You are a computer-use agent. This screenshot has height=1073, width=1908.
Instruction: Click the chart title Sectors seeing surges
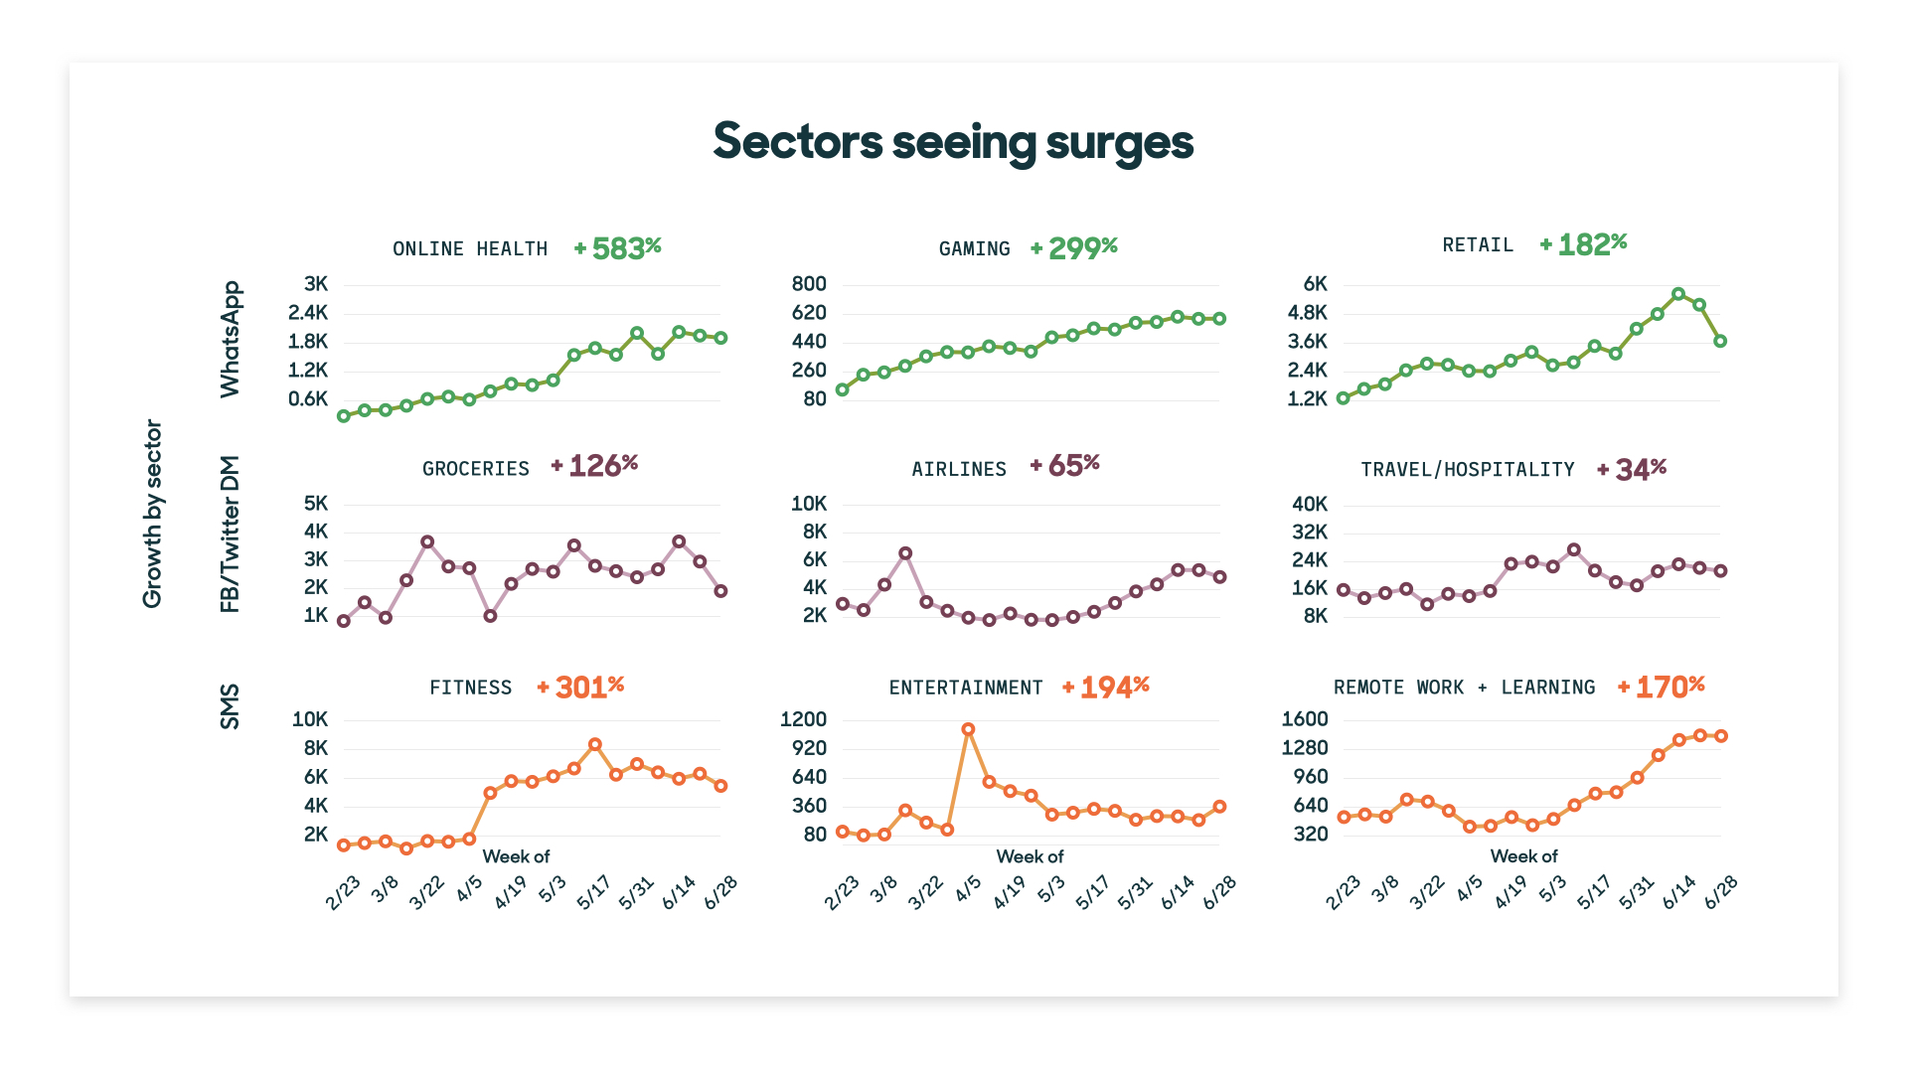(x=953, y=141)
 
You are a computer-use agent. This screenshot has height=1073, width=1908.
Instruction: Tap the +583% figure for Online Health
(x=618, y=247)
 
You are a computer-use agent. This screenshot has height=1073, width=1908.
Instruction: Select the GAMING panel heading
(x=974, y=248)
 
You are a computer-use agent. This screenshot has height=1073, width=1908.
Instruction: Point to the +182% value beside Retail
(x=1584, y=244)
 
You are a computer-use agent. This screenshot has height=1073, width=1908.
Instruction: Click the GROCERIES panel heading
(x=475, y=468)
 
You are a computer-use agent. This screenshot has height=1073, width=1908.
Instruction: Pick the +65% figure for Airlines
(x=1065, y=466)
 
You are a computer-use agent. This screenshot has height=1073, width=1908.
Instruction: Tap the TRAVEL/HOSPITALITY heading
(x=1467, y=469)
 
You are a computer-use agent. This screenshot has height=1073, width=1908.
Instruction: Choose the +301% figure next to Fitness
(x=581, y=687)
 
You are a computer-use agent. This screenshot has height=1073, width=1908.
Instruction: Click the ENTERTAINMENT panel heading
(x=966, y=688)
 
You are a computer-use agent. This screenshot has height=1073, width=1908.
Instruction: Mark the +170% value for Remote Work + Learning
(x=1662, y=687)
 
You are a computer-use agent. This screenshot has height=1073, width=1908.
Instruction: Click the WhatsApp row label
(x=230, y=340)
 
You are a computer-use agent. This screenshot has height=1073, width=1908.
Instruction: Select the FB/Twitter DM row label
(x=230, y=534)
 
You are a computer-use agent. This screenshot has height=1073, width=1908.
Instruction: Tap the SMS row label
(x=230, y=706)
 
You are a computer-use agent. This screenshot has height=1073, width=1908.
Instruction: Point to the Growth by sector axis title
(x=152, y=514)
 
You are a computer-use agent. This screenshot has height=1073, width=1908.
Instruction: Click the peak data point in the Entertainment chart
(x=968, y=729)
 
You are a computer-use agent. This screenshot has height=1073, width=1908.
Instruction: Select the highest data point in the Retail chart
(x=1678, y=294)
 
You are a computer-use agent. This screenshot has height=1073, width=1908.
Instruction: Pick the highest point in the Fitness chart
(x=594, y=744)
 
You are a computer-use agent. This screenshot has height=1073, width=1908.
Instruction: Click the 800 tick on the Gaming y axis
(x=809, y=284)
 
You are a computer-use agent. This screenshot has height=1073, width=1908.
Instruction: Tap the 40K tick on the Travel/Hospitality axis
(x=1310, y=504)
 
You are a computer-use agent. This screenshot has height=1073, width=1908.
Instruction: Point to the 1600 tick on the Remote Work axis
(x=1305, y=719)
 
